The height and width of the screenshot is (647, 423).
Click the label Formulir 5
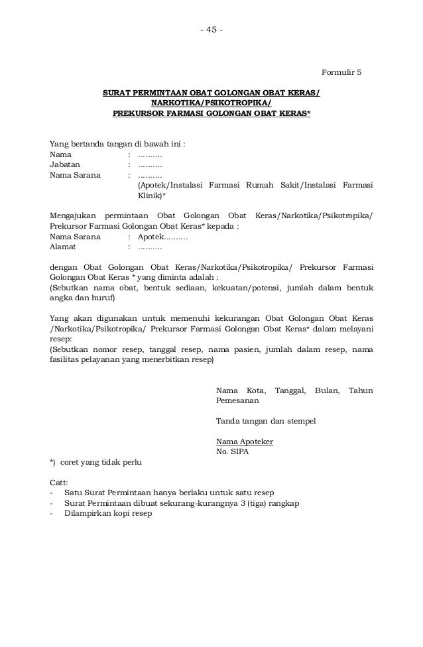coord(342,72)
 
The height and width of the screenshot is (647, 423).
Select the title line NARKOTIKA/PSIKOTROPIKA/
coord(211,103)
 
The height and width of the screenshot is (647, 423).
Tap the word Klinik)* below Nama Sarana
coord(152,197)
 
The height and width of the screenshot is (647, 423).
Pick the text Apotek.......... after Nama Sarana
coord(162,236)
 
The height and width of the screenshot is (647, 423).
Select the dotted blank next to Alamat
coord(150,247)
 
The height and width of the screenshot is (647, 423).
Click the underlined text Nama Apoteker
coord(245,442)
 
